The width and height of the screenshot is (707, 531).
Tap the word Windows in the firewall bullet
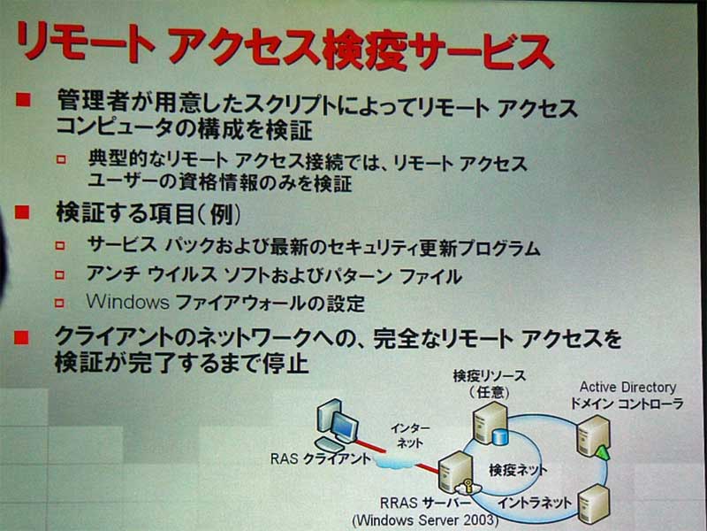pyautogui.click(x=127, y=302)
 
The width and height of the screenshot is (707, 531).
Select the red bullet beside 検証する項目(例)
pyautogui.click(x=22, y=212)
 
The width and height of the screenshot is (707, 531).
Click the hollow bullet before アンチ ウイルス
pyautogui.click(x=60, y=274)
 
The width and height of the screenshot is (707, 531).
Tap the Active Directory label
pyautogui.click(x=627, y=388)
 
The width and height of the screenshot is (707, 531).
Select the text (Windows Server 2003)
pyautogui.click(x=425, y=520)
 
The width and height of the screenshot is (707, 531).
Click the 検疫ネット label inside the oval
pyautogui.click(x=518, y=471)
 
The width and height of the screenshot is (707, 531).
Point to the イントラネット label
pyautogui.click(x=535, y=502)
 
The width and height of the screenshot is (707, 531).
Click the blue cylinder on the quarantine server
pyautogui.click(x=500, y=437)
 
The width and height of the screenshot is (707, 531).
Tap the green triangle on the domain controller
pyautogui.click(x=602, y=452)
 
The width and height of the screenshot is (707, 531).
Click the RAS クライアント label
pyautogui.click(x=320, y=458)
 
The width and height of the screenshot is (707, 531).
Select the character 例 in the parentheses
pyautogui.click(x=221, y=214)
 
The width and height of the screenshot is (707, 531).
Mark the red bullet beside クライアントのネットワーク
pyautogui.click(x=21, y=337)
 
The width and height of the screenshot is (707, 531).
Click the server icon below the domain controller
pyautogui.click(x=593, y=504)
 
